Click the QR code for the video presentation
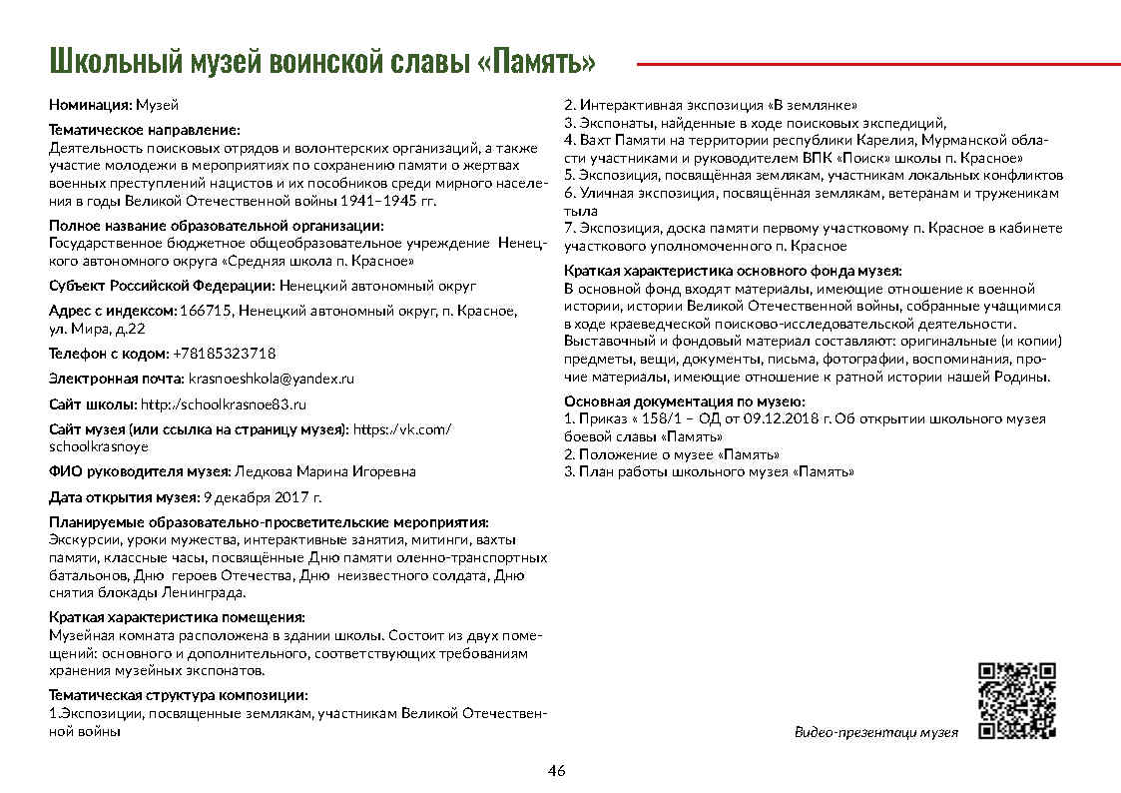(x=1017, y=700)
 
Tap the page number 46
(x=557, y=770)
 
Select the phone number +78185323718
(x=225, y=354)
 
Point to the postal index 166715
(x=206, y=311)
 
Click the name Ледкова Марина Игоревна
(x=323, y=471)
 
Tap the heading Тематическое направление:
(x=145, y=130)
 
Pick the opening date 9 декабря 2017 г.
(x=262, y=496)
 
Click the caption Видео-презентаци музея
(x=875, y=732)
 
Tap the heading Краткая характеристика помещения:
(x=177, y=617)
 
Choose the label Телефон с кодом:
(x=109, y=354)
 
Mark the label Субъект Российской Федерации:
(x=162, y=286)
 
